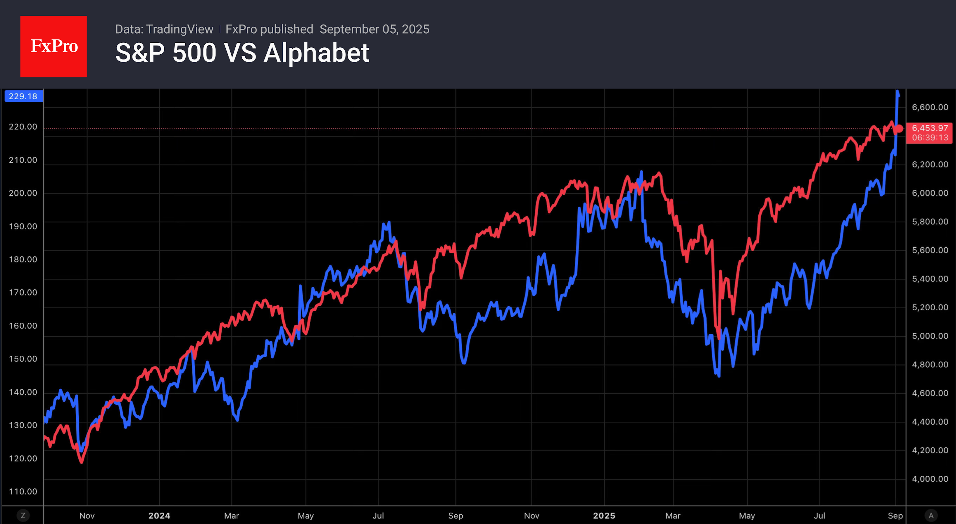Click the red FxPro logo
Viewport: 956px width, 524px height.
54,46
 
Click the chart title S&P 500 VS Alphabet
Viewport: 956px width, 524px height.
242,53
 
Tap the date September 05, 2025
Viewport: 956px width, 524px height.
374,29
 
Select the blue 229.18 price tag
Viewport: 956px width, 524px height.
23,96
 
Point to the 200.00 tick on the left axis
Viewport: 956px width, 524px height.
23,193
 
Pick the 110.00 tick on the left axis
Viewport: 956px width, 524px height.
23,491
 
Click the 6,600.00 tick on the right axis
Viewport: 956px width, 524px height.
930,107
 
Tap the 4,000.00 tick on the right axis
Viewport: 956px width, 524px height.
930,479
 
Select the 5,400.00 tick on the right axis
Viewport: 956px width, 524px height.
930,279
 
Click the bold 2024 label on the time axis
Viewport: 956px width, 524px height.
159,516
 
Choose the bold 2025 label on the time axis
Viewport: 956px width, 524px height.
604,516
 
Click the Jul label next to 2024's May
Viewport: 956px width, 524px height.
378,516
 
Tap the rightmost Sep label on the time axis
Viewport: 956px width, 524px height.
895,516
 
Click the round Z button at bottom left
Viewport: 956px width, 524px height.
23,516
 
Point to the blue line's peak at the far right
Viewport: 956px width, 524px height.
897,92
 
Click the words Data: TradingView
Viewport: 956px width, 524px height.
164,29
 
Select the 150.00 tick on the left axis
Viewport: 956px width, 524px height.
23,359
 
